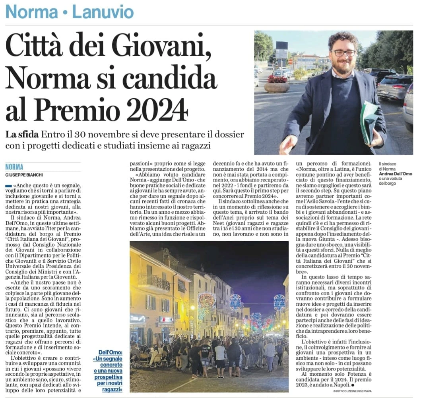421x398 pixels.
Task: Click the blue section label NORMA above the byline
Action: [15, 167]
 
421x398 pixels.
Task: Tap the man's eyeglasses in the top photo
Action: [344, 53]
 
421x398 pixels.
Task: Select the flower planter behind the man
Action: [277, 84]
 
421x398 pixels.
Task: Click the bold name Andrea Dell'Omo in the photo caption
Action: [395, 174]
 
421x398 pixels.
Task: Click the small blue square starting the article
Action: [8, 186]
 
